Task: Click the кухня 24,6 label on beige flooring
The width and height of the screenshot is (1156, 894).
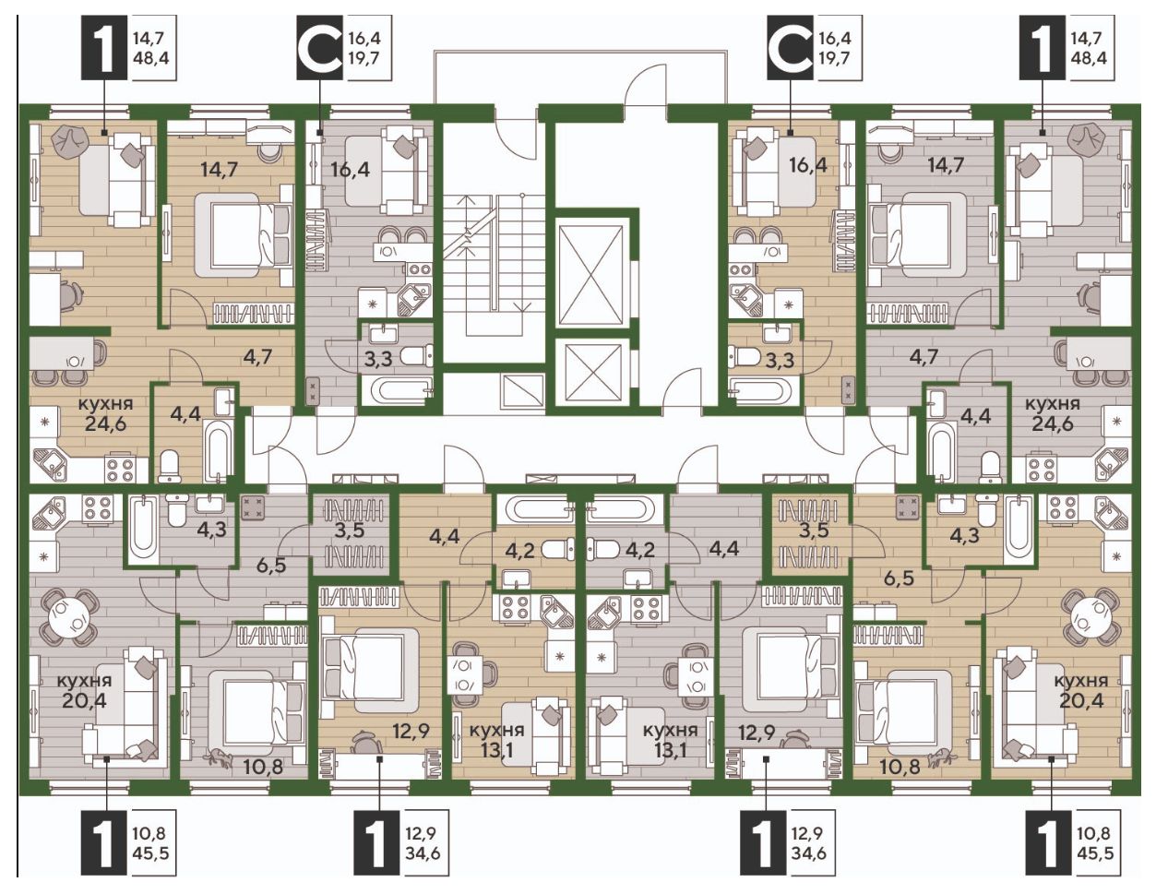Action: (105, 413)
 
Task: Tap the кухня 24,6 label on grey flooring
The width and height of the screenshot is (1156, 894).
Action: (1052, 413)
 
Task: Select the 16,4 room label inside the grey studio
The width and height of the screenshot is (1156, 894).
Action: (352, 169)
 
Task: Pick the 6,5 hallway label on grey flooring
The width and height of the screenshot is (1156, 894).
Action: (271, 566)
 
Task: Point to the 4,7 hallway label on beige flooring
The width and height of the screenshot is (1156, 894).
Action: (257, 355)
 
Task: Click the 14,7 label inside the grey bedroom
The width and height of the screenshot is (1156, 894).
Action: (947, 166)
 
